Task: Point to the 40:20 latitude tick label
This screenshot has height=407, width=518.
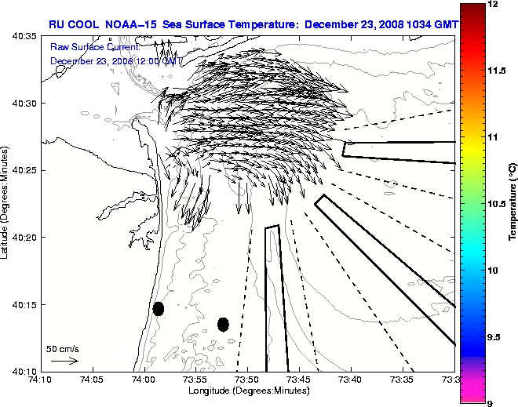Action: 24,238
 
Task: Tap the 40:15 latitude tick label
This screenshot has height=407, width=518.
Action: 24,304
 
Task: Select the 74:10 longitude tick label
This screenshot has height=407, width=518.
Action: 41,380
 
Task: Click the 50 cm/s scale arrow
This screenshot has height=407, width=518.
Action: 64,361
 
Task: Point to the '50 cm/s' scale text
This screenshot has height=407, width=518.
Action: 62,348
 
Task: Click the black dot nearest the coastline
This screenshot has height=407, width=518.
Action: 159,308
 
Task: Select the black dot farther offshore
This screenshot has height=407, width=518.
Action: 223,324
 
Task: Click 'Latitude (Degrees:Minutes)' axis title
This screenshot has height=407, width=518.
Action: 6,203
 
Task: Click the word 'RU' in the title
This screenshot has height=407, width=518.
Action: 57,24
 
